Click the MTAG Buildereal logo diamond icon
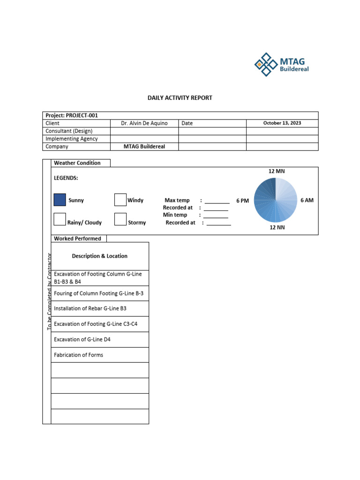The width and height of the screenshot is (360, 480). pyautogui.click(x=266, y=64)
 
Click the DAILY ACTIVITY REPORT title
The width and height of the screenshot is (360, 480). pyautogui.click(x=180, y=98)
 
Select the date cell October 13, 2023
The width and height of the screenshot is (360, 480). pyautogui.click(x=282, y=123)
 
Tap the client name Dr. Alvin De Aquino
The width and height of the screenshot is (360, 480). pyautogui.click(x=144, y=123)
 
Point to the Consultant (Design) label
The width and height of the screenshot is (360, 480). pyautogui.click(x=69, y=131)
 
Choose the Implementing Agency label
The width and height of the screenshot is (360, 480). pyautogui.click(x=72, y=139)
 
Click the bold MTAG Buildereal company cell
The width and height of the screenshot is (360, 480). pyautogui.click(x=144, y=146)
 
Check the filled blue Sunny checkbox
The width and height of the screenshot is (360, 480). pyautogui.click(x=60, y=200)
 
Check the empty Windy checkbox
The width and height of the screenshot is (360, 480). pyautogui.click(x=120, y=200)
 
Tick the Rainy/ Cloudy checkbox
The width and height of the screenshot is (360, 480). pyautogui.click(x=60, y=219)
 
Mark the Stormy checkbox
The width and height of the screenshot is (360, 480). pyautogui.click(x=120, y=219)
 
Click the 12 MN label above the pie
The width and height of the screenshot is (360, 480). pyautogui.click(x=277, y=171)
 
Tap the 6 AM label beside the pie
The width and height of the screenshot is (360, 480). pyautogui.click(x=307, y=200)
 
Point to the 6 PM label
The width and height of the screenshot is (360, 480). pyautogui.click(x=242, y=201)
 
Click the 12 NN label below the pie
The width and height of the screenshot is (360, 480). pyautogui.click(x=277, y=227)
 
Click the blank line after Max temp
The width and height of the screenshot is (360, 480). pyautogui.click(x=217, y=201)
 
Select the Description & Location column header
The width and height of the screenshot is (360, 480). pyautogui.click(x=99, y=256)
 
